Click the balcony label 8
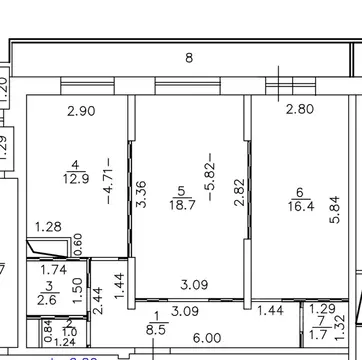pyautogui.click(x=188, y=58)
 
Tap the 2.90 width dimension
pyautogui.click(x=82, y=111)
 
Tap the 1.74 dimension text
pyautogui.click(x=54, y=270)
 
